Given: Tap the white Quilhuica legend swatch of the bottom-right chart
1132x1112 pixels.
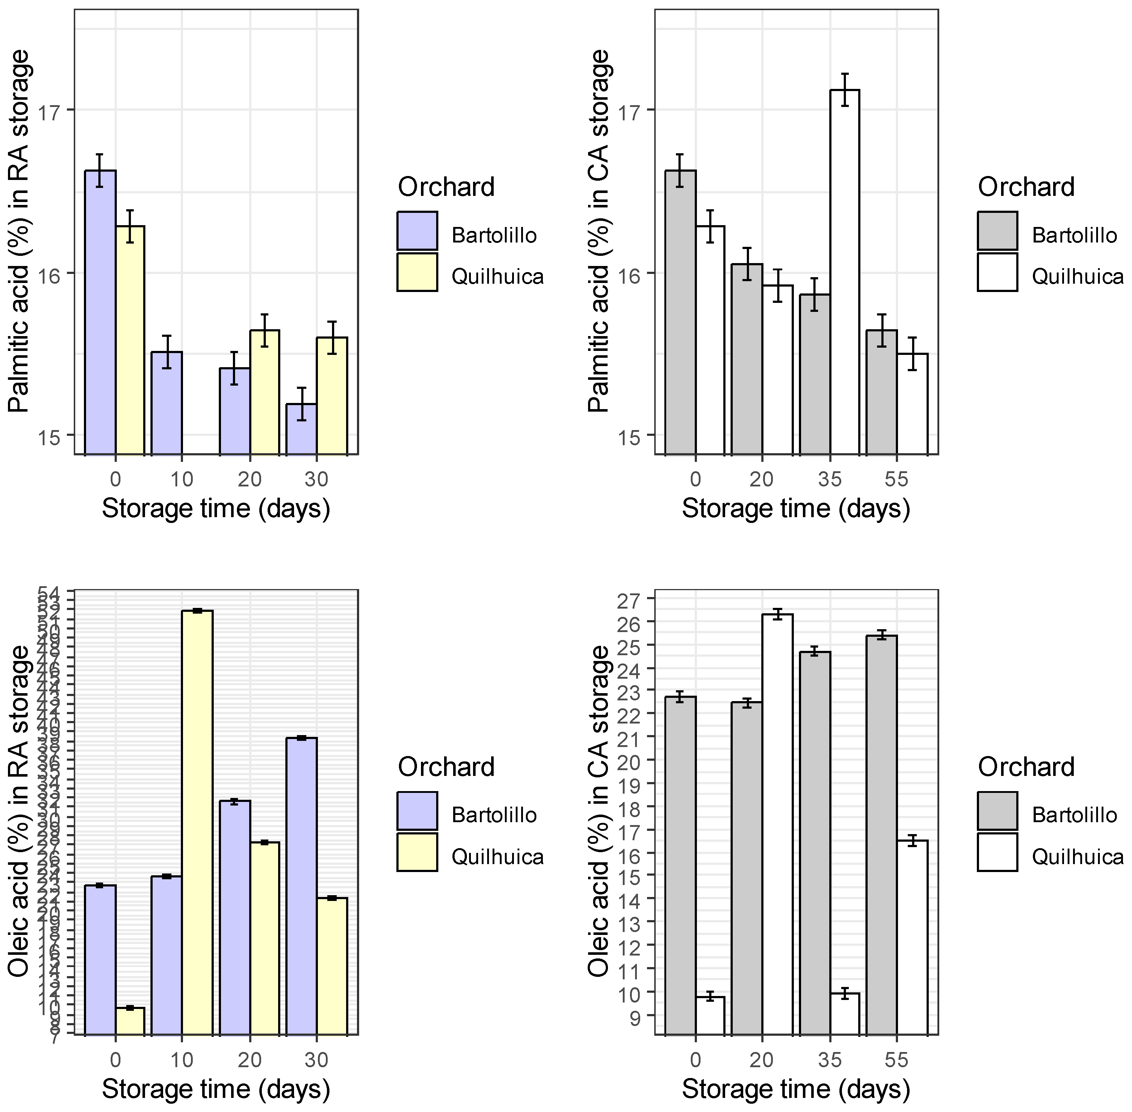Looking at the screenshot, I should coord(997,852).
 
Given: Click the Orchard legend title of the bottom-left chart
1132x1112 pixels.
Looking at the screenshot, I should coord(446,767).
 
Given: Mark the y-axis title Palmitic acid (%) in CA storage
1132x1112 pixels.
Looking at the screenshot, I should coord(599,231).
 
